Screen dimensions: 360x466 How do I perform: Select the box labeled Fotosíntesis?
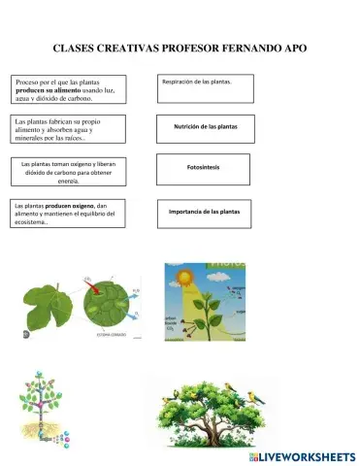pos(203,168)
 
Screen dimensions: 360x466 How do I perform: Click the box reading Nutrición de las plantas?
pos(205,127)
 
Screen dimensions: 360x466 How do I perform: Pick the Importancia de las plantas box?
pos(205,212)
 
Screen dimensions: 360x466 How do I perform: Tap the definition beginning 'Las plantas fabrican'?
pos(66,129)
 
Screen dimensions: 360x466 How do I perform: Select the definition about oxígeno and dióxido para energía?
pos(69,172)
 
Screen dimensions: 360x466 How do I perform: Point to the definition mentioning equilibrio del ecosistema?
pos(66,214)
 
